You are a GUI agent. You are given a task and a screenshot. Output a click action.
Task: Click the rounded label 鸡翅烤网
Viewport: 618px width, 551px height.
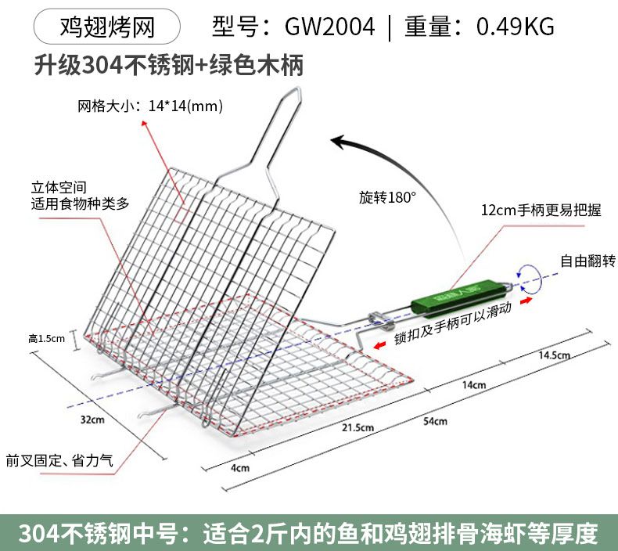coord(108,27)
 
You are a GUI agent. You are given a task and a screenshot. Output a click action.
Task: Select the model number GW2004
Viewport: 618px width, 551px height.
coord(329,27)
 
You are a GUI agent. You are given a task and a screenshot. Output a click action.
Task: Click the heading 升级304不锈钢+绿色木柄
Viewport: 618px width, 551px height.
coord(168,64)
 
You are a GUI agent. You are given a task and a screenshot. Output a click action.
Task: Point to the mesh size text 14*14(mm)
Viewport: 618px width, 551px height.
coord(185,106)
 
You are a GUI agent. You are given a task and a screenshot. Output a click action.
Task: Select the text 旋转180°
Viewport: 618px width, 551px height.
coord(387,197)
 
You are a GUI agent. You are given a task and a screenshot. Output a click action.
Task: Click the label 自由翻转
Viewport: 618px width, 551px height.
coord(587,261)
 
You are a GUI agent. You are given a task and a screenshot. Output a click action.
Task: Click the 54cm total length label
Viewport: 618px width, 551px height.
coord(435,421)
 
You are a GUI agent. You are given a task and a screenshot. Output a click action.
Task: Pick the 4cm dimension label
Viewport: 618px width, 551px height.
coord(240,468)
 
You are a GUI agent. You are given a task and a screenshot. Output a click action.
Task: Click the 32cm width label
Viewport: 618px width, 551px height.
coord(92,420)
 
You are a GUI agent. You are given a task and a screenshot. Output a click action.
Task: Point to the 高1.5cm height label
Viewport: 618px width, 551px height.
coord(46,338)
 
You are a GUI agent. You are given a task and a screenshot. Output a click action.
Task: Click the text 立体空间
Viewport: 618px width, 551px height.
coord(58,188)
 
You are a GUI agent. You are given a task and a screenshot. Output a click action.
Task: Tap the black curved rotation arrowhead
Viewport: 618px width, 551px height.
coord(340,141)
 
